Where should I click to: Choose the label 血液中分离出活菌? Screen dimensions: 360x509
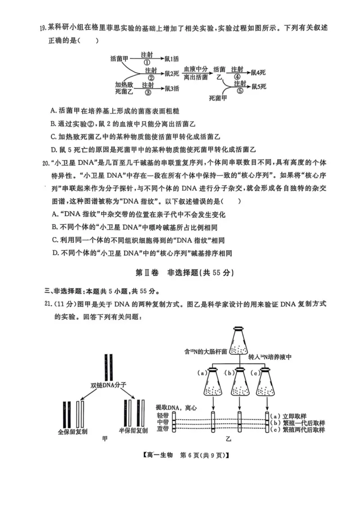point(195,73)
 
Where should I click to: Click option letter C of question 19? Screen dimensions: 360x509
point(54,136)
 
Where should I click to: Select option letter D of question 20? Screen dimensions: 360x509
point(55,253)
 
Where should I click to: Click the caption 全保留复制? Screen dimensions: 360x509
point(72,431)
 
